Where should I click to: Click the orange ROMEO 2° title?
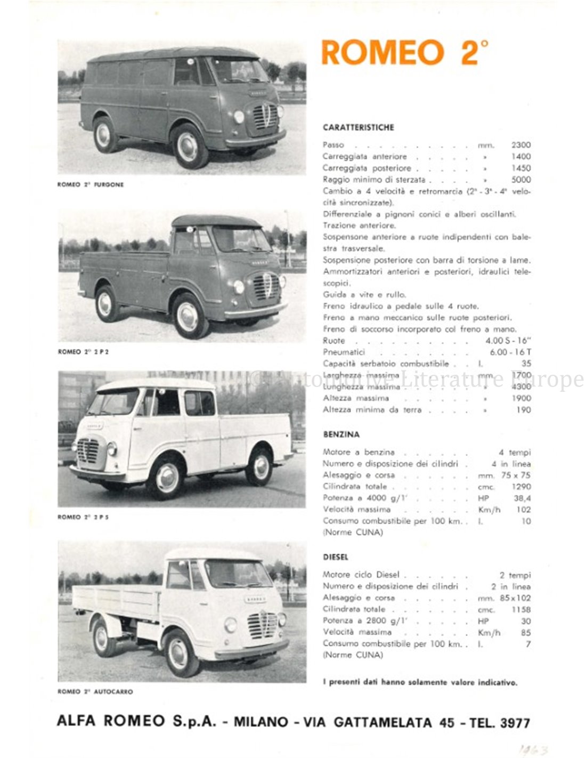point(404,53)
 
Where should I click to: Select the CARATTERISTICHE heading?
point(358,127)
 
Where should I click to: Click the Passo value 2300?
point(520,145)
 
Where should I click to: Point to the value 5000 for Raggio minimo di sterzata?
point(520,180)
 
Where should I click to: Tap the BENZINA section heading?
point(341,434)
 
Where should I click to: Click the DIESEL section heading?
point(336,557)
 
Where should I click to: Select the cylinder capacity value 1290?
point(520,487)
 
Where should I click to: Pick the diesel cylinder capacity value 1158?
point(520,609)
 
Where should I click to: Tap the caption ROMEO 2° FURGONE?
point(91,184)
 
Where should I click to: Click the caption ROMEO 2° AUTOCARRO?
point(95,691)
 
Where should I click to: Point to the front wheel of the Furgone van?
point(188,146)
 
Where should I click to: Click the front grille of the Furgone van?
point(265,115)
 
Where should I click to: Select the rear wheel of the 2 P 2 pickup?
point(105,304)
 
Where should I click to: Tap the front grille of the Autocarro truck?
point(262,625)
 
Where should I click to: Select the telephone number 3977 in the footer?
point(515,723)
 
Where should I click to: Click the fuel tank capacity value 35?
point(526,364)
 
